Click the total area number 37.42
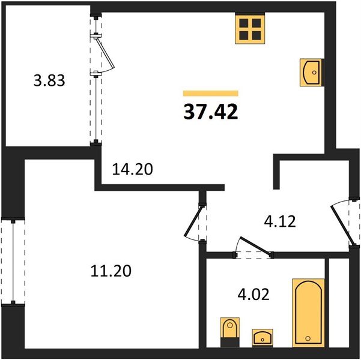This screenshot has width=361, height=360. point(211,112)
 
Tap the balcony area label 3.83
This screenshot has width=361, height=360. point(49,81)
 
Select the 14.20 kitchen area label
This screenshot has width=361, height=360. point(132,169)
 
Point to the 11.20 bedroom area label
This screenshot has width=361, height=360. point(111,271)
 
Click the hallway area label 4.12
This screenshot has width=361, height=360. point(280,221)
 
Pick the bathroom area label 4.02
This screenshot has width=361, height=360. point(253,294)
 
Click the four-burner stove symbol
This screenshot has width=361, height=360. point(250,29)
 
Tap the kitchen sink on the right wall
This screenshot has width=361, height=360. point(311,73)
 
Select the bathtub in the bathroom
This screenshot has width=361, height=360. point(309,313)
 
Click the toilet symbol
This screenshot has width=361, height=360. point(230,332)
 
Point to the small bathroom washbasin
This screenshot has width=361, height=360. point(262,337)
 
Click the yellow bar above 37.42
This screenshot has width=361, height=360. point(211,93)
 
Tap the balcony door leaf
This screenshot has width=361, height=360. point(106,53)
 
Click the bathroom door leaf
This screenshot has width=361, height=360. point(255,245)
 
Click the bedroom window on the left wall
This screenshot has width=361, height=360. point(13,262)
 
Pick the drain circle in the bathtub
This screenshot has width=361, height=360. point(308,338)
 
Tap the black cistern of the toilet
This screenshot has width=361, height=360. point(230,342)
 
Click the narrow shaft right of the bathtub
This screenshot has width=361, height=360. point(339,302)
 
